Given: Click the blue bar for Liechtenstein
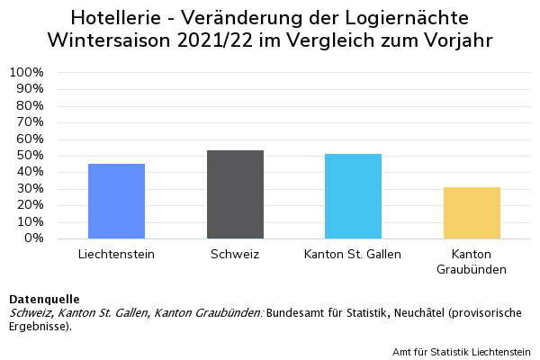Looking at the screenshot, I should pos(116,202).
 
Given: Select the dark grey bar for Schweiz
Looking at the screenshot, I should pos(235,194).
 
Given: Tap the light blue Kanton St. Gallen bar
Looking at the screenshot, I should pos(353,196).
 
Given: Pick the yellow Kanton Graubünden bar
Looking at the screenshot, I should pos(472,213).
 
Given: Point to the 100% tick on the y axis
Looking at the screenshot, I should pos(26,72).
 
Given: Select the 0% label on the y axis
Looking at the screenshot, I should pos(33,238).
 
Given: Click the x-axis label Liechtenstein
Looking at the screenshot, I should pos(116,254).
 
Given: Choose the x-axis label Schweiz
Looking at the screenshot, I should pos(235,254).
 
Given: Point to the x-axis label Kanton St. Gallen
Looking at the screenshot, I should pos(353,254).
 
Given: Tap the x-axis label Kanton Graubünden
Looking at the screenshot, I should pos(472,261).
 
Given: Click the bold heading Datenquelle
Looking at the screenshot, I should pos(44,299).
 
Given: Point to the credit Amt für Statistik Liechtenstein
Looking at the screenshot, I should pos(462,351).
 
